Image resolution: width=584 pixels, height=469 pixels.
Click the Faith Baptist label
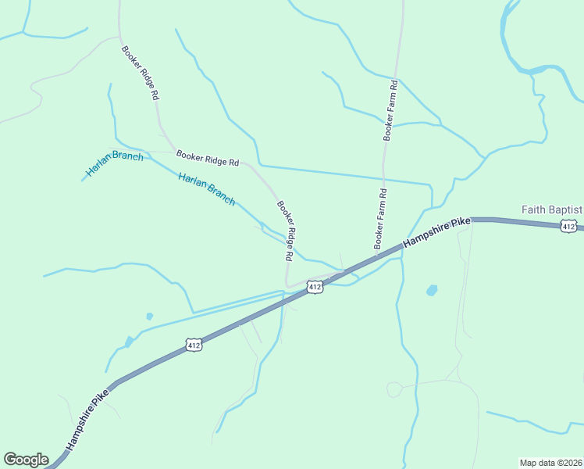(552, 209)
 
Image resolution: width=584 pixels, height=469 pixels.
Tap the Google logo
(26, 460)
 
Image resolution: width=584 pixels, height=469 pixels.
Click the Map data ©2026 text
(550, 463)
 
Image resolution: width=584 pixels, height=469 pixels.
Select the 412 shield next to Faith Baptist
(569, 226)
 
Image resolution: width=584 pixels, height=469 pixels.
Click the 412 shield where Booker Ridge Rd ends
(315, 288)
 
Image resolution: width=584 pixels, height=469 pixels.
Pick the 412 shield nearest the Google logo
(194, 344)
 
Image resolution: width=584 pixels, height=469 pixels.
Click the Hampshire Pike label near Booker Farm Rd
(438, 233)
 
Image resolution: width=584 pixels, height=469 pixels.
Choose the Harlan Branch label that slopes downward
(206, 189)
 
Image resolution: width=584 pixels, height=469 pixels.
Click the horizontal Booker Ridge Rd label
(208, 159)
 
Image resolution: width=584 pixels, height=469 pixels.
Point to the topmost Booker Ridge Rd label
(141, 72)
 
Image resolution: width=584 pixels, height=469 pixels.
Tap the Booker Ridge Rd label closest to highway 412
(284, 231)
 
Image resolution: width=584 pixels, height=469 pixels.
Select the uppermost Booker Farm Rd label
(390, 110)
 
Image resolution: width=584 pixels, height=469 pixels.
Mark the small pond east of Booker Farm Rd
(432, 290)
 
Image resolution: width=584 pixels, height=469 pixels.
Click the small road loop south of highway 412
(394, 388)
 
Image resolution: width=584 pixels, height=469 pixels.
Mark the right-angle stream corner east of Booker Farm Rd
(430, 185)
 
